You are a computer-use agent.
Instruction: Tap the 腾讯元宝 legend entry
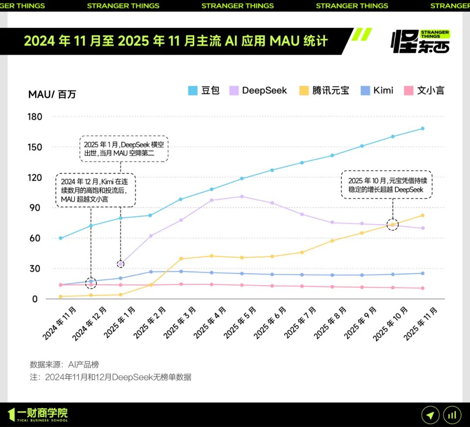click(324, 91)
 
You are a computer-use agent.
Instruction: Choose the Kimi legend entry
click(377, 91)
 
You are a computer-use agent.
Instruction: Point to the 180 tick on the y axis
click(35, 117)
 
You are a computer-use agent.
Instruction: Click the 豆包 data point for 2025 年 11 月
click(423, 129)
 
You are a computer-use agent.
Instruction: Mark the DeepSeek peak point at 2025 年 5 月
click(242, 197)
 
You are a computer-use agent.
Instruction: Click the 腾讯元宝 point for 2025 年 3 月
click(181, 259)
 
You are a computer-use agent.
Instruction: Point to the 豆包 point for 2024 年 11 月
click(60, 238)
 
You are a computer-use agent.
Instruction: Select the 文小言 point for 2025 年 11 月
click(423, 288)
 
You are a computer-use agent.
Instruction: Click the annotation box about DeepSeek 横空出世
click(124, 149)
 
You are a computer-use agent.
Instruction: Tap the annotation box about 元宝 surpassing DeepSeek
click(386, 185)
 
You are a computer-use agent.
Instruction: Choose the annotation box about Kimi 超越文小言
click(96, 190)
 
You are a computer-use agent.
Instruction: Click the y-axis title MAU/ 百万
click(52, 94)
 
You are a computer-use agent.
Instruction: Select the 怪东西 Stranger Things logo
click(420, 41)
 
